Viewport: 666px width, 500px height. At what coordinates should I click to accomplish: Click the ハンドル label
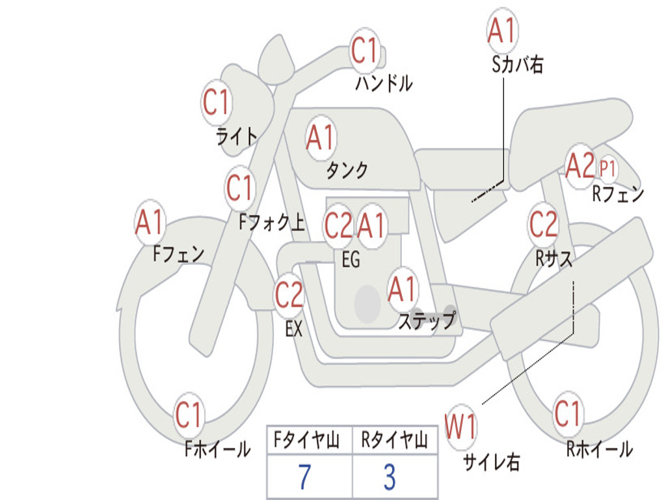point(384,83)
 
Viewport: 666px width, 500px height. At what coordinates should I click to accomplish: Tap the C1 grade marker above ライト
point(217,102)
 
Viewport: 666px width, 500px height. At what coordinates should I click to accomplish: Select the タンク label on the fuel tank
point(347,170)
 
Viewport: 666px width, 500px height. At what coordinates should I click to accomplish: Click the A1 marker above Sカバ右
point(501,30)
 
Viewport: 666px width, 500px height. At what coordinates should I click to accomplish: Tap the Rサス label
point(554,258)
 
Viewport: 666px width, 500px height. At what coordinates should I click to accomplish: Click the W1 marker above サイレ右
point(460,428)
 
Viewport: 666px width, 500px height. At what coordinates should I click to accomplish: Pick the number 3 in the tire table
point(390,477)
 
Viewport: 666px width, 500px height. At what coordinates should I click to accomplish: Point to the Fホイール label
point(217,449)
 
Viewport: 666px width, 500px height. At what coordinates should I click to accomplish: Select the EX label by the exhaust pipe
point(294,329)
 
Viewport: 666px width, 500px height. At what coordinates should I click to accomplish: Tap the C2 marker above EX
point(289,295)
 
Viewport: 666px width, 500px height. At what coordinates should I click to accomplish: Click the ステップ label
point(427,321)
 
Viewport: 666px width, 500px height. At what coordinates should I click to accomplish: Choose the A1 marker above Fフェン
point(150,223)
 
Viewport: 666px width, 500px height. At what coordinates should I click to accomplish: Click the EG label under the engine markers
point(351,260)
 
